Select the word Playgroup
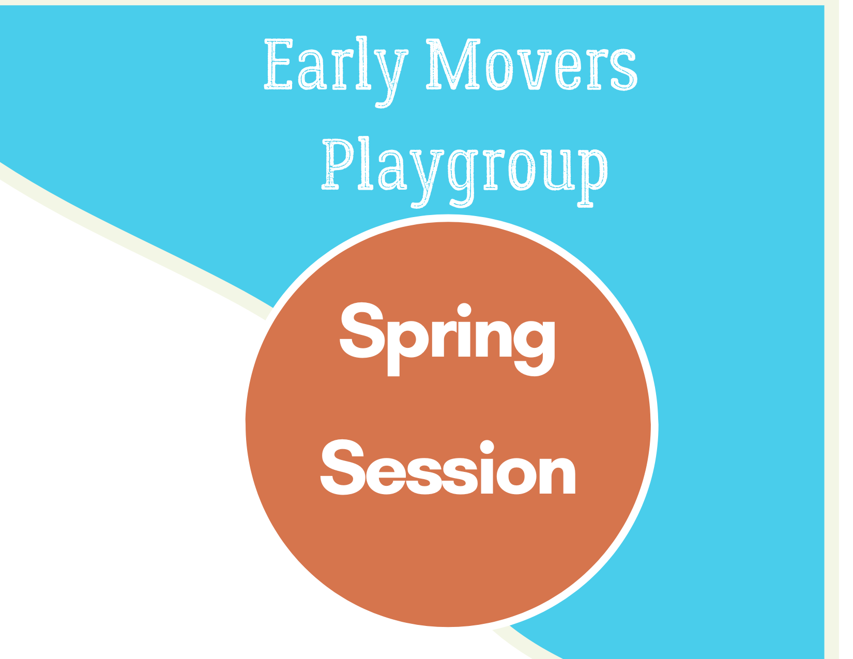tap(464, 165)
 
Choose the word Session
tap(448, 470)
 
